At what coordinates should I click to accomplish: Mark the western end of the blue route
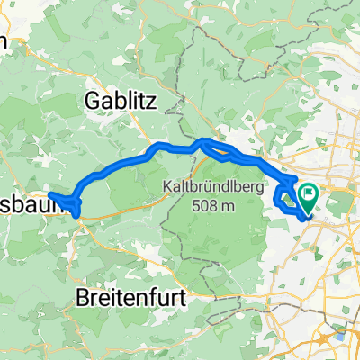coord(49,194)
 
